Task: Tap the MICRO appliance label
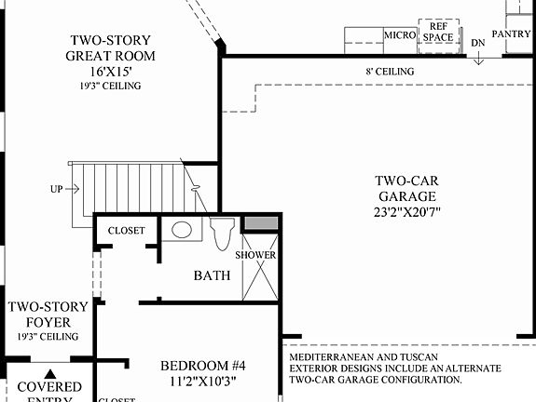click(400, 35)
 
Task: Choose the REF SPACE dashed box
click(438, 33)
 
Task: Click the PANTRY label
click(511, 34)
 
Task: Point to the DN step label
click(478, 43)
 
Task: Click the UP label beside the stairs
click(57, 189)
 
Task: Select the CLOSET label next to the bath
click(127, 231)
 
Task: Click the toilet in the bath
click(222, 234)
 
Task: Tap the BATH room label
click(212, 275)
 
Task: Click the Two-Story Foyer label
click(48, 314)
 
